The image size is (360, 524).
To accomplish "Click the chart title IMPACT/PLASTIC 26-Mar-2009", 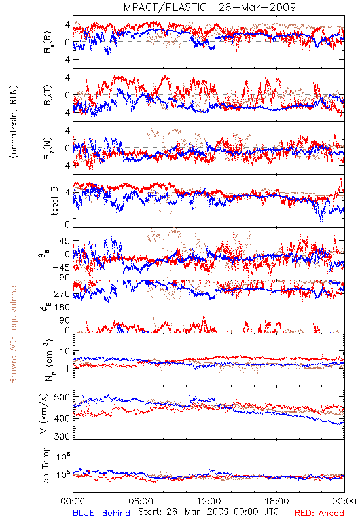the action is click(208, 7).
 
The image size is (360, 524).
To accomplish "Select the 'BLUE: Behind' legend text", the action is click(101, 514).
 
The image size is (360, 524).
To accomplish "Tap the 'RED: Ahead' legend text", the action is click(319, 514).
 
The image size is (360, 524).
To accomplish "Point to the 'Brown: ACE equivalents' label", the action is click(13, 333).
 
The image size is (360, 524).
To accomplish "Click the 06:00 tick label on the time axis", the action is click(141, 501).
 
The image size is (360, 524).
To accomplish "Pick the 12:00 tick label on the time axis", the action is click(209, 501).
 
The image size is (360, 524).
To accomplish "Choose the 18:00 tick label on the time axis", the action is click(277, 501).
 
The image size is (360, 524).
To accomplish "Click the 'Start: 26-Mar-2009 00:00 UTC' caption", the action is click(208, 512).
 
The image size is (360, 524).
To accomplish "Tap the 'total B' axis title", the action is click(55, 201).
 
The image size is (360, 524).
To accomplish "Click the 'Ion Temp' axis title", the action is click(46, 466).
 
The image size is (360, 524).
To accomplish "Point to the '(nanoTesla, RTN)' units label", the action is click(14, 122).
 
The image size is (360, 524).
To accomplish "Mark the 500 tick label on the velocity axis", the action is click(62, 398).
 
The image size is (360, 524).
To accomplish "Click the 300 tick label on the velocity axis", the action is click(62, 436).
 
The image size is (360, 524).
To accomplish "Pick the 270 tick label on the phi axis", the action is click(62, 294).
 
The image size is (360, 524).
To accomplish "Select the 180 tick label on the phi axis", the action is click(62, 307).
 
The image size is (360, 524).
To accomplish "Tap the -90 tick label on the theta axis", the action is click(61, 277).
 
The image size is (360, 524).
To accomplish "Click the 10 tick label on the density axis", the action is click(65, 352).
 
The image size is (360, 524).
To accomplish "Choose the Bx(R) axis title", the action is click(47, 43).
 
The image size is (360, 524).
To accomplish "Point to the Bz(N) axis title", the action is click(47, 148).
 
